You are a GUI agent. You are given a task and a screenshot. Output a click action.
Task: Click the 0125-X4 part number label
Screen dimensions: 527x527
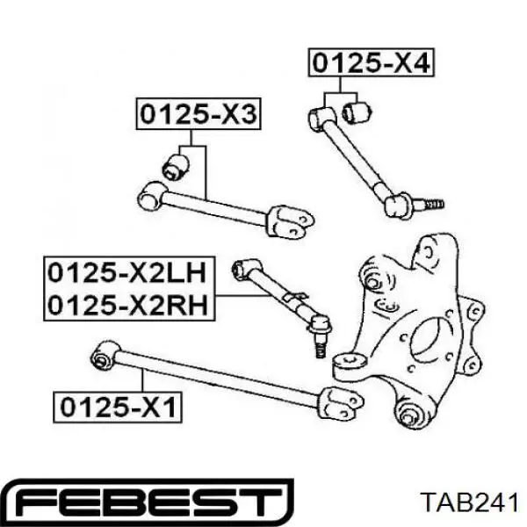point(372,63)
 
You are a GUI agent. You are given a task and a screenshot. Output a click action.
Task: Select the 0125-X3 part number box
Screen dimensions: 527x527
point(199,114)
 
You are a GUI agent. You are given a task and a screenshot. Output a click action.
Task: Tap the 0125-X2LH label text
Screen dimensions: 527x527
point(126,273)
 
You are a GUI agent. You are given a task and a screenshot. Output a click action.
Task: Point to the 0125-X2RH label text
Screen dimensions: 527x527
point(127,305)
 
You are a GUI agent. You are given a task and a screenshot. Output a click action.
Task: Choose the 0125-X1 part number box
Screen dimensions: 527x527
point(118,407)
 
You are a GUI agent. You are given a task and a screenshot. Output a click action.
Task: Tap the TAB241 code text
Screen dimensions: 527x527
point(470,502)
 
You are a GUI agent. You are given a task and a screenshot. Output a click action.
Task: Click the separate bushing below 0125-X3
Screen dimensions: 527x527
point(176,167)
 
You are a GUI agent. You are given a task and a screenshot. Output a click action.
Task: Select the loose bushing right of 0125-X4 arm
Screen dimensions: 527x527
point(357,112)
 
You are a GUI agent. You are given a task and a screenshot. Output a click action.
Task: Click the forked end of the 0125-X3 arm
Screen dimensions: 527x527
point(291,222)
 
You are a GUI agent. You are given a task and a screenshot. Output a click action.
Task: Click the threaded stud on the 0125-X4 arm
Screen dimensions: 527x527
point(431,204)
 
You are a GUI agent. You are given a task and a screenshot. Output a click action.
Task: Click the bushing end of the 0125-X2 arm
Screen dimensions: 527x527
point(246,270)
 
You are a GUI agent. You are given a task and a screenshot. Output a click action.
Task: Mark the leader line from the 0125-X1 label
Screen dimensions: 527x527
point(143,379)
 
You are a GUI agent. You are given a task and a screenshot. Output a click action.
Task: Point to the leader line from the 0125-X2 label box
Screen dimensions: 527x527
point(243,295)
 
